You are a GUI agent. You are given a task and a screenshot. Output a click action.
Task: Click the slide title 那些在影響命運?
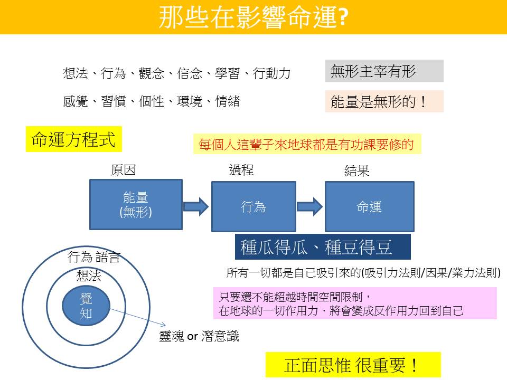[x=253, y=17]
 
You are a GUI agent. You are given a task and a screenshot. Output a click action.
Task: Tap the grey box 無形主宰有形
[x=384, y=71]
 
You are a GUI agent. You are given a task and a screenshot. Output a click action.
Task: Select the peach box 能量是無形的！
[x=384, y=101]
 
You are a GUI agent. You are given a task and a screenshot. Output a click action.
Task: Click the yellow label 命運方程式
[x=73, y=139]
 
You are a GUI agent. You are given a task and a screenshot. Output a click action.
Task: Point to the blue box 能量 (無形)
[x=136, y=205]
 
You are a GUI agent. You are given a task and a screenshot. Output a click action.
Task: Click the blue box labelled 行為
[x=253, y=206]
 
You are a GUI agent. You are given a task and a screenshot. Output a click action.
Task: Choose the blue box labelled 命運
[x=369, y=206]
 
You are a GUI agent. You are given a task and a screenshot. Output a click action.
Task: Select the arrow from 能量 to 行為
[x=196, y=206]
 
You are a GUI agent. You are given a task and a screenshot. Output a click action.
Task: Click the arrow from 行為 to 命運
[x=310, y=206]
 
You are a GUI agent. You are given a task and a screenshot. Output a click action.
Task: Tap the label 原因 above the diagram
[x=124, y=170]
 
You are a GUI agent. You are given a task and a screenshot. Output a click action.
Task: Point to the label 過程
[x=241, y=170]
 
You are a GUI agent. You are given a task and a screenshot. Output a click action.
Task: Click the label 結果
[x=356, y=171]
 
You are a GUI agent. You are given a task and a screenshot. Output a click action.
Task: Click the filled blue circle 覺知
[x=86, y=306]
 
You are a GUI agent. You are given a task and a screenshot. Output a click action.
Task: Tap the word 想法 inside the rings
[x=88, y=275]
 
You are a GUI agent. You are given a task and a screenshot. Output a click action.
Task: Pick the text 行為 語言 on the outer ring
[x=94, y=258]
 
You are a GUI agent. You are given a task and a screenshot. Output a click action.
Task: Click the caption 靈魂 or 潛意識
[x=199, y=336]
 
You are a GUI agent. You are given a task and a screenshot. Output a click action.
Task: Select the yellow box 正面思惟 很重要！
[x=353, y=365]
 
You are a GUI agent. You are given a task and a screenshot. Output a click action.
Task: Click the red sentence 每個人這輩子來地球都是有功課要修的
[x=307, y=144]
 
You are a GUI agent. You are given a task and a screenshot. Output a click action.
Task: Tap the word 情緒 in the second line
[x=228, y=101]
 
